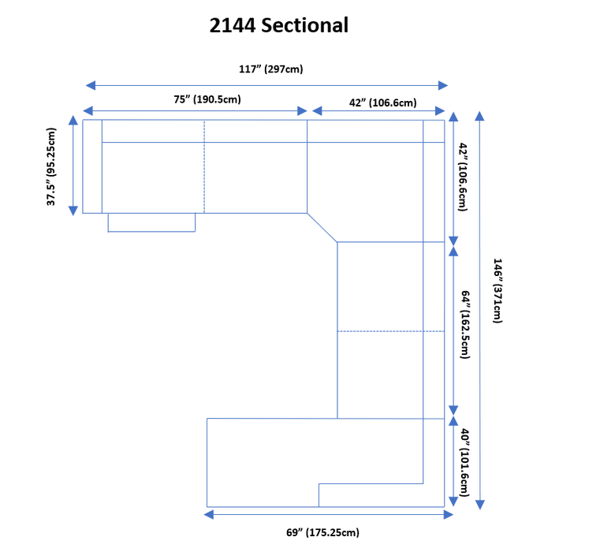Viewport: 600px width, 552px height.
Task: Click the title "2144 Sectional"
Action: click(278, 25)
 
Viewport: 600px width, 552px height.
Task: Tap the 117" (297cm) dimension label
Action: click(270, 69)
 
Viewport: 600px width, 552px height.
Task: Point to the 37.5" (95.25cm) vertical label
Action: click(51, 166)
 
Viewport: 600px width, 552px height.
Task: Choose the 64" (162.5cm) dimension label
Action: click(466, 325)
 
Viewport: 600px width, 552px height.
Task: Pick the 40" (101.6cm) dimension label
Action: click(466, 463)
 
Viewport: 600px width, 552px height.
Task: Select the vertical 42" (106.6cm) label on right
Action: click(464, 177)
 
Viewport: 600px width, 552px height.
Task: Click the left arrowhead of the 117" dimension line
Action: click(90, 85)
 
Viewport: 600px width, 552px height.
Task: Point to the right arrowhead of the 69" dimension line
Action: click(449, 515)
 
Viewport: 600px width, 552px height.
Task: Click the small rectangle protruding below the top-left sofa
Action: click(151, 222)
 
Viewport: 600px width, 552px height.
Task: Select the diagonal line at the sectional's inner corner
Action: click(322, 227)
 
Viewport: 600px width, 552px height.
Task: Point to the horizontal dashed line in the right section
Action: click(390, 331)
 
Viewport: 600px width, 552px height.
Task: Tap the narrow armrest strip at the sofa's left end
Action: click(92, 166)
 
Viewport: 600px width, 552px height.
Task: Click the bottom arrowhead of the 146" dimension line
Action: click(480, 505)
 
